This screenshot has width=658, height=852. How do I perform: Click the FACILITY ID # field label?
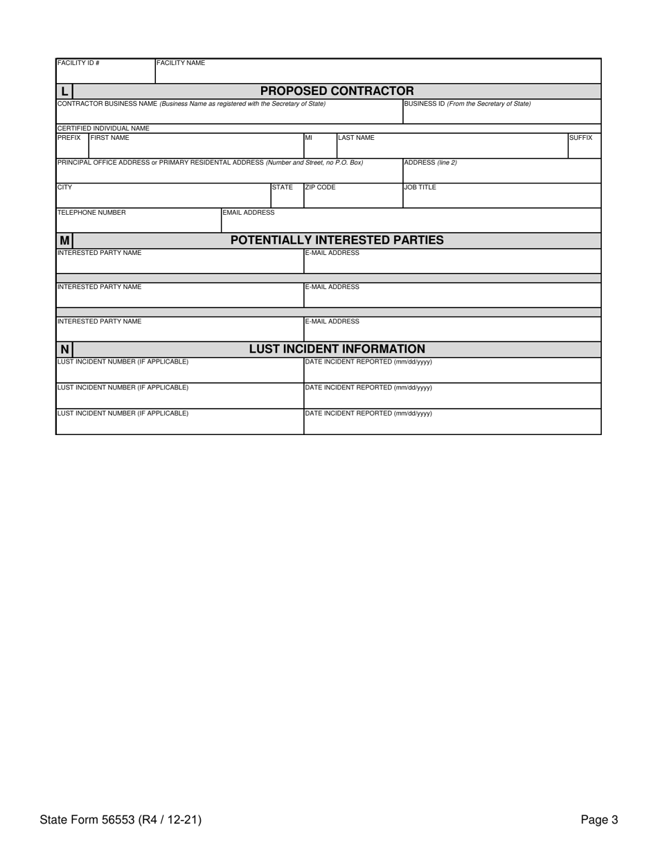[78, 63]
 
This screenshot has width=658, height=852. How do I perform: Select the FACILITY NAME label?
[181, 63]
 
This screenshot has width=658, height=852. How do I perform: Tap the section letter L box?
[64, 91]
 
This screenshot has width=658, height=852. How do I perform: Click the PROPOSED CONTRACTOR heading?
[337, 91]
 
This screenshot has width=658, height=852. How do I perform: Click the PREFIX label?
[69, 138]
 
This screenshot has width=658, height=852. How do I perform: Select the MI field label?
[309, 138]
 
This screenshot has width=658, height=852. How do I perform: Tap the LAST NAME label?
[356, 138]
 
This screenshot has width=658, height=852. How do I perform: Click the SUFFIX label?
[580, 138]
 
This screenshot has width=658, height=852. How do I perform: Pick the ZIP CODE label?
[320, 188]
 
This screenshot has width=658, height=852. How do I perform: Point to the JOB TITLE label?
[420, 188]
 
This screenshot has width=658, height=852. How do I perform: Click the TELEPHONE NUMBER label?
[91, 213]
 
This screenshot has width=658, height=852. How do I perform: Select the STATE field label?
[282, 188]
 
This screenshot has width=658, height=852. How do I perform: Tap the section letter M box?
[64, 240]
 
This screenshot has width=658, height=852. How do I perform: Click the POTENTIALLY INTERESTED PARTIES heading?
[337, 240]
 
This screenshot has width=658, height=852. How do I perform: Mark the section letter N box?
[64, 350]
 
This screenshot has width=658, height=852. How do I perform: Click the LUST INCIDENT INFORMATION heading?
[337, 349]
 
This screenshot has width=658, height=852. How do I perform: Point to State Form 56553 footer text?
[121, 820]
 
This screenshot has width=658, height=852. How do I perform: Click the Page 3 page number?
[599, 820]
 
